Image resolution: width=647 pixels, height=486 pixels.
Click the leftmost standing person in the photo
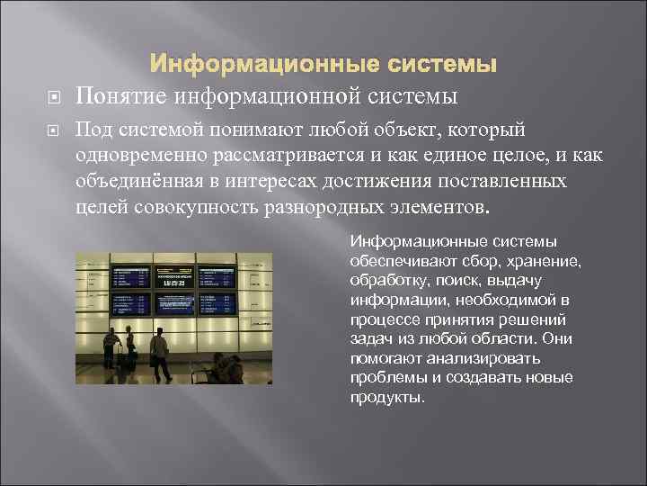(x=111, y=349)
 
